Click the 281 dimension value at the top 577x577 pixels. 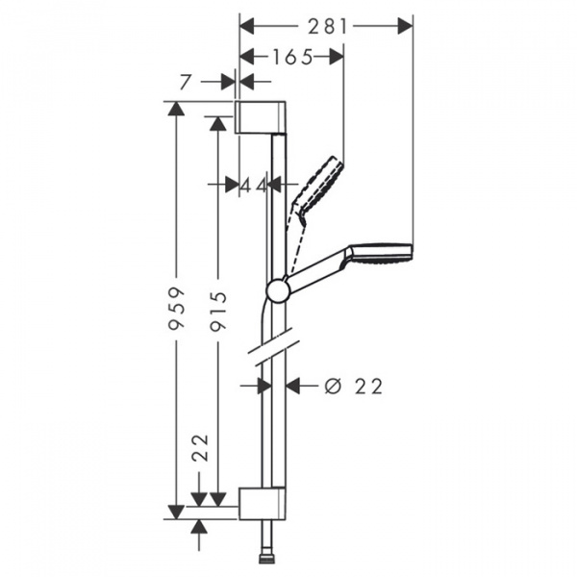click(329, 27)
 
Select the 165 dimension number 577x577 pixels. click(291, 57)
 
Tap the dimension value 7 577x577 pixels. click(186, 83)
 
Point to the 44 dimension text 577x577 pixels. click(253, 184)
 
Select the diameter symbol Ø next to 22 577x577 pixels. click(333, 386)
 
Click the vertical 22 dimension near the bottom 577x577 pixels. click(200, 449)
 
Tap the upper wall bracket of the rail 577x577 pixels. click(261, 116)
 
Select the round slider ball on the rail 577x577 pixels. click(277, 288)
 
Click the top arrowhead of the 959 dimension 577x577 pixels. click(174, 108)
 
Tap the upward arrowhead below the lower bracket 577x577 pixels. click(200, 528)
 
